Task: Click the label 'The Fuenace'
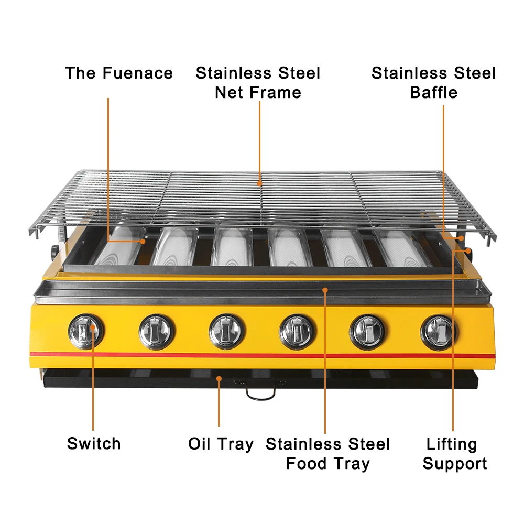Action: click(x=119, y=73)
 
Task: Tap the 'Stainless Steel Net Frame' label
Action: click(x=258, y=83)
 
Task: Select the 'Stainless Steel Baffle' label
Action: click(x=433, y=83)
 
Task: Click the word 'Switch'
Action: click(x=94, y=443)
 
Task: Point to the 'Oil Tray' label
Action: click(x=221, y=444)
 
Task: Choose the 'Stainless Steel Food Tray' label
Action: click(x=327, y=454)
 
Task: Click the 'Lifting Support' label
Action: click(x=454, y=454)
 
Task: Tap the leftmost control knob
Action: click(x=86, y=331)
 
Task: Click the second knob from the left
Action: click(x=157, y=331)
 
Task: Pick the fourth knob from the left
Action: click(x=297, y=331)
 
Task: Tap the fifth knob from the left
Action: click(x=367, y=331)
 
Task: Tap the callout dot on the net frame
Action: click(x=260, y=183)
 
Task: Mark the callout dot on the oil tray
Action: click(x=219, y=377)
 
